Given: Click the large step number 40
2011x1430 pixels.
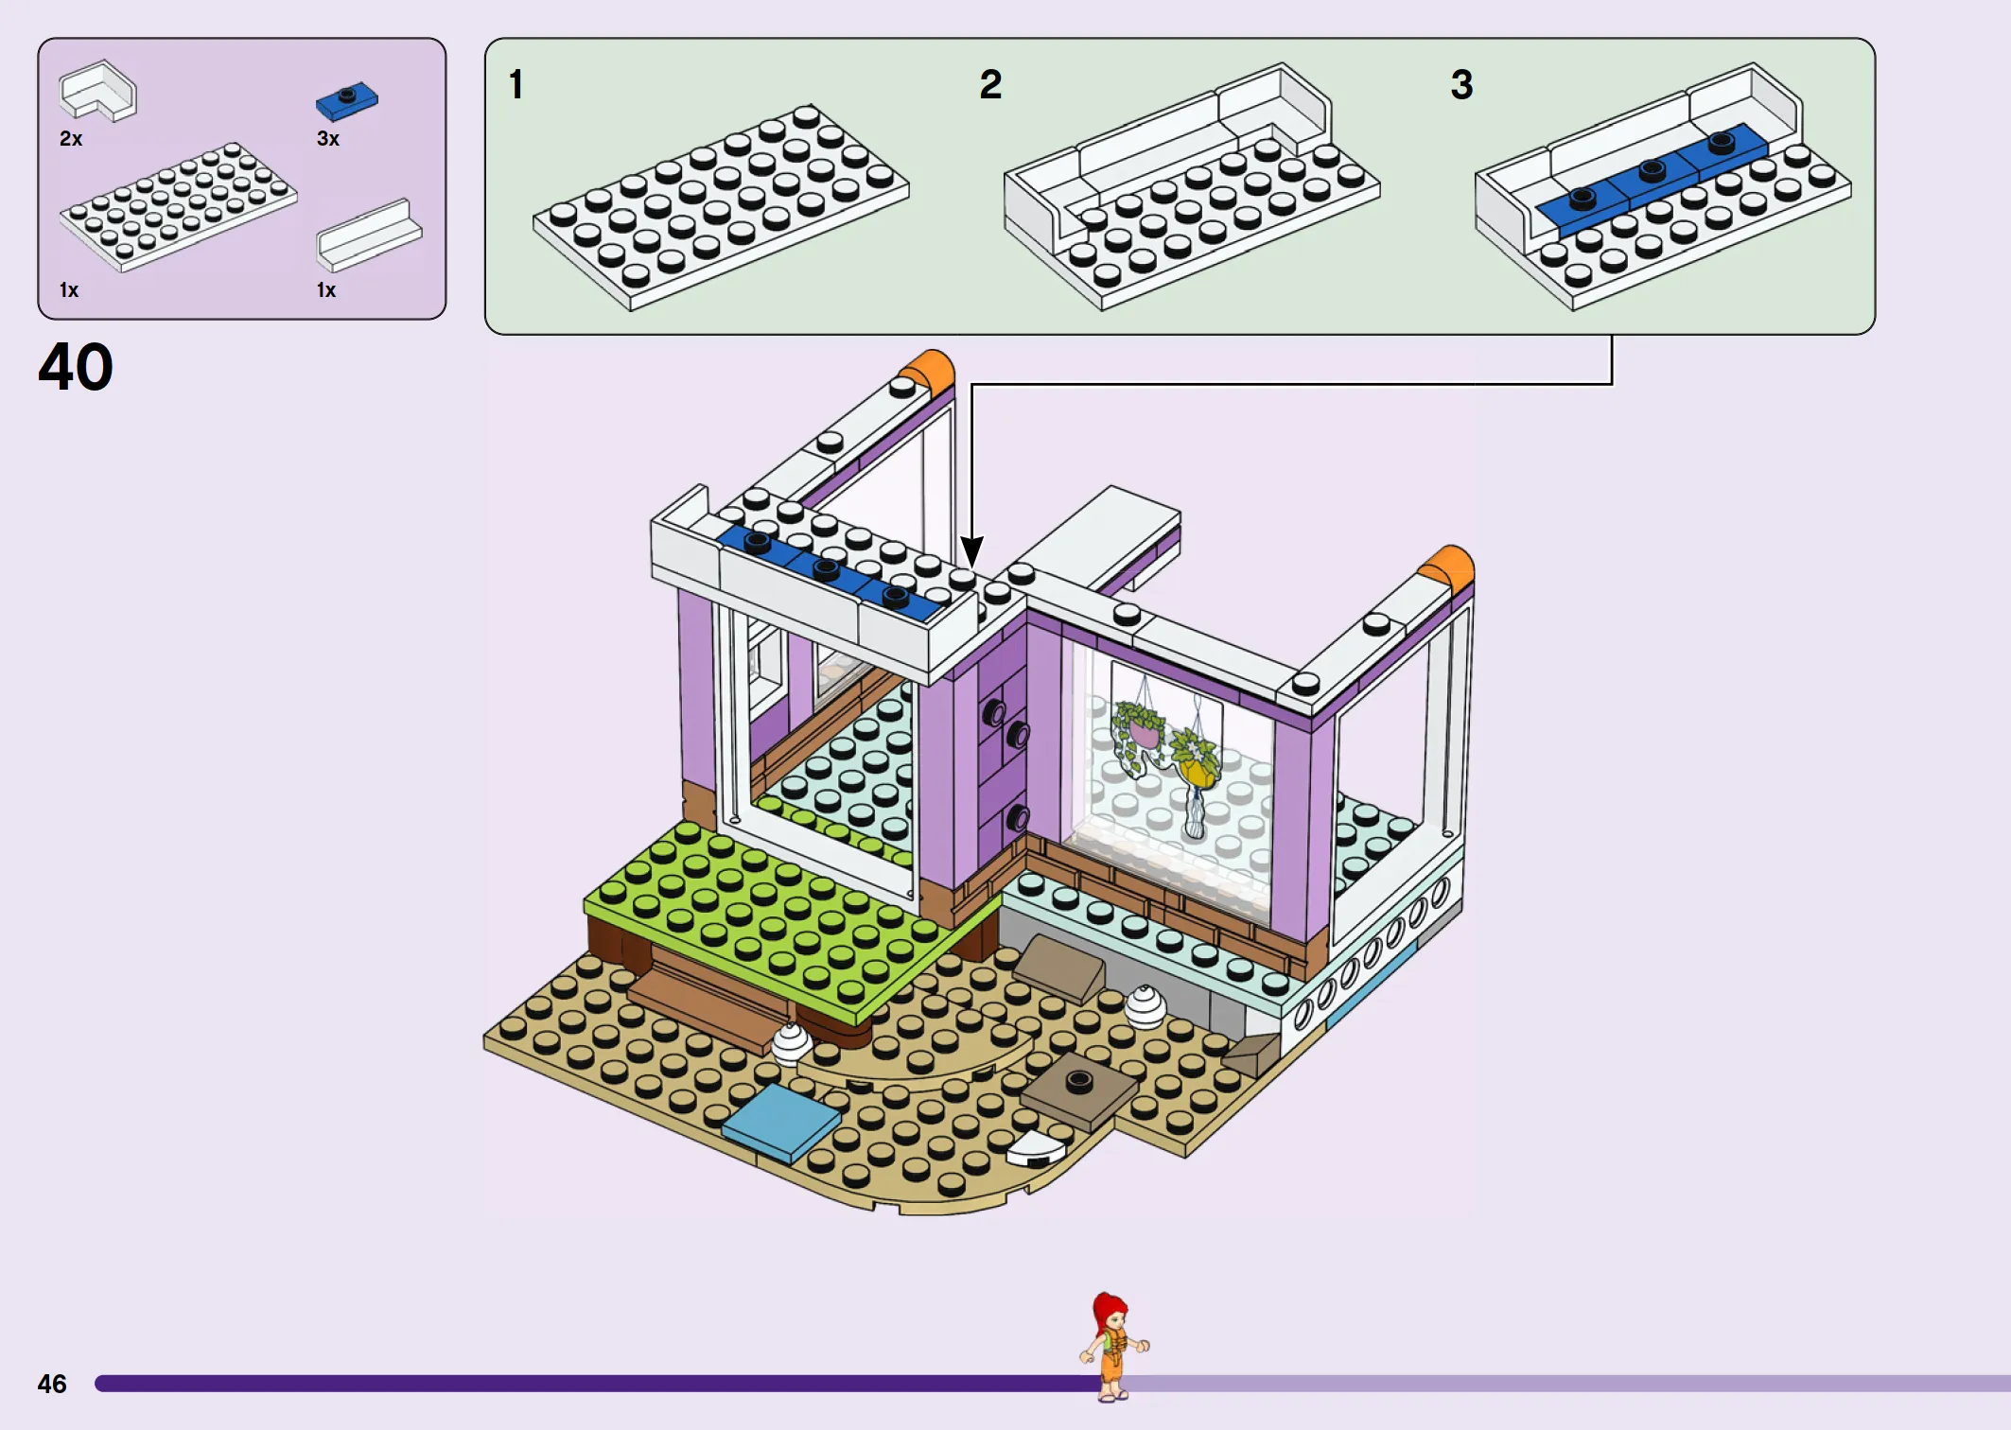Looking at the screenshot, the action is pyautogui.click(x=76, y=367).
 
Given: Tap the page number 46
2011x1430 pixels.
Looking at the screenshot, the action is pyautogui.click(x=52, y=1384).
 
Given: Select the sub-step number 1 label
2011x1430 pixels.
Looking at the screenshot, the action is pyautogui.click(x=516, y=84).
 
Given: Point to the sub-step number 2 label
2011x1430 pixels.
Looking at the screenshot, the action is pyautogui.click(x=990, y=84).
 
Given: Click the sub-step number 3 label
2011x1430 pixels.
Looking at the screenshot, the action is pyautogui.click(x=1461, y=84).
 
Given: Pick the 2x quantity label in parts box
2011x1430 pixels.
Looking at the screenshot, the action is pyautogui.click(x=71, y=139).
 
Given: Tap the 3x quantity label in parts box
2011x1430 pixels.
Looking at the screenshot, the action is pyautogui.click(x=328, y=139).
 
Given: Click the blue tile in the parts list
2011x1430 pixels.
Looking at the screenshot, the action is pyautogui.click(x=347, y=101).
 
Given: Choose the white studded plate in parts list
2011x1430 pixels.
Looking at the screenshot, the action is pyautogui.click(x=178, y=206).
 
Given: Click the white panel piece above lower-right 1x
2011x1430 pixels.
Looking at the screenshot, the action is pyautogui.click(x=369, y=236).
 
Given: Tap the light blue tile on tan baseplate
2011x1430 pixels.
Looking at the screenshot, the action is pyautogui.click(x=781, y=1122).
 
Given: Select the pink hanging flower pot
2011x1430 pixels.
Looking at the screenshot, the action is pyautogui.click(x=1142, y=731).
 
